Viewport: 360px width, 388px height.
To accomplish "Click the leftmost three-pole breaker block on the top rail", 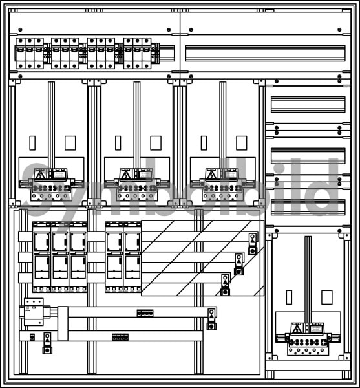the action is tap(30, 53).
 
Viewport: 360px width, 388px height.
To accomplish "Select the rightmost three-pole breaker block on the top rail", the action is tap(138, 53).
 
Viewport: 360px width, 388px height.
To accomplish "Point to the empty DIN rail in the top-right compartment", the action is tap(265, 53).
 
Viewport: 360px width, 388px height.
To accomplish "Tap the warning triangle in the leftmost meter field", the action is tap(40, 175).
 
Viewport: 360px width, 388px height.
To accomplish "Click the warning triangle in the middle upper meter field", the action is tap(125, 175).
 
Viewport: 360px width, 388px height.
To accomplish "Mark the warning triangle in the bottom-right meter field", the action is tap(297, 329).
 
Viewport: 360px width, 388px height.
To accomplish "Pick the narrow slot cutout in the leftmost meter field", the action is tap(32, 143).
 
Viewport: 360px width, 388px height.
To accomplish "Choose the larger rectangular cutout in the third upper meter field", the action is tap(242, 143).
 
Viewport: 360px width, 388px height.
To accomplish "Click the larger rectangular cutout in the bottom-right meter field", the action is tap(327, 297).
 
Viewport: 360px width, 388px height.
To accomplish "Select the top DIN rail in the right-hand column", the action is tap(308, 104).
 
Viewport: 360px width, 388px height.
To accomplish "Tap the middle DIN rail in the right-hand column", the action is tap(308, 156).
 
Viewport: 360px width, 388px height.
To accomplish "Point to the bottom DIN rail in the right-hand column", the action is tap(308, 208).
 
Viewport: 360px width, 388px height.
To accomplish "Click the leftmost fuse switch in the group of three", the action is tap(41, 257).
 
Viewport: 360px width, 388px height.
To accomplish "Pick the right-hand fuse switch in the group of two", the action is tap(132, 257).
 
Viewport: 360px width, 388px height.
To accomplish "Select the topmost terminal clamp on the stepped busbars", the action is tap(253, 244).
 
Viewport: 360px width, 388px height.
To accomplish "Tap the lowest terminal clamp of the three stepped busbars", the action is tap(226, 285).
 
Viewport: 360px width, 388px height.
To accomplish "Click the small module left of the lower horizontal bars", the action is tap(34, 312).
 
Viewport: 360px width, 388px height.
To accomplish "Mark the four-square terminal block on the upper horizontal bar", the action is tap(145, 313).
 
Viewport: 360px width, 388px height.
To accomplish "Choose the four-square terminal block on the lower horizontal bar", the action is tap(120, 337).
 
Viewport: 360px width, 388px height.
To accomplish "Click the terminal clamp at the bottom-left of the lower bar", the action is tap(47, 343).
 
